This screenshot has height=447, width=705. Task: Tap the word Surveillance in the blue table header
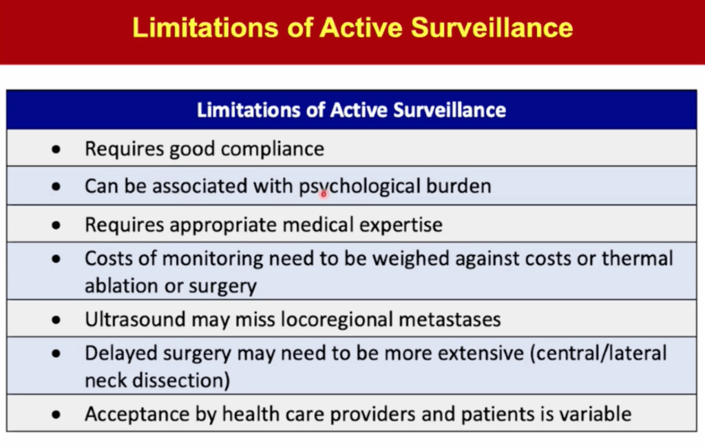pos(450,110)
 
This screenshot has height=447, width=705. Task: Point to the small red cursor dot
pos(324,194)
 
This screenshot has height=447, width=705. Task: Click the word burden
pos(459,186)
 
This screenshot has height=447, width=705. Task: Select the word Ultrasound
pos(136,319)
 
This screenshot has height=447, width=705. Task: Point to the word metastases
pos(450,320)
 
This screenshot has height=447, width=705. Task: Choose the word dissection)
pos(181,380)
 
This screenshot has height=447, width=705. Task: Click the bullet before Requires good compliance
pos(56,149)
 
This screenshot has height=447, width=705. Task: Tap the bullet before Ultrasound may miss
pos(56,320)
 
